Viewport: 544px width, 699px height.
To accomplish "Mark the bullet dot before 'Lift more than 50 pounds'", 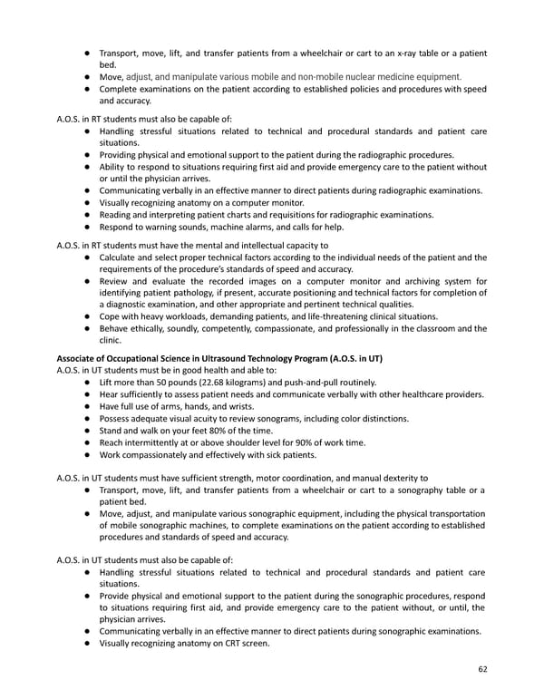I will point(86,383).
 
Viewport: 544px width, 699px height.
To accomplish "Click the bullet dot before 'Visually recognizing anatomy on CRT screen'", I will point(86,644).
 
